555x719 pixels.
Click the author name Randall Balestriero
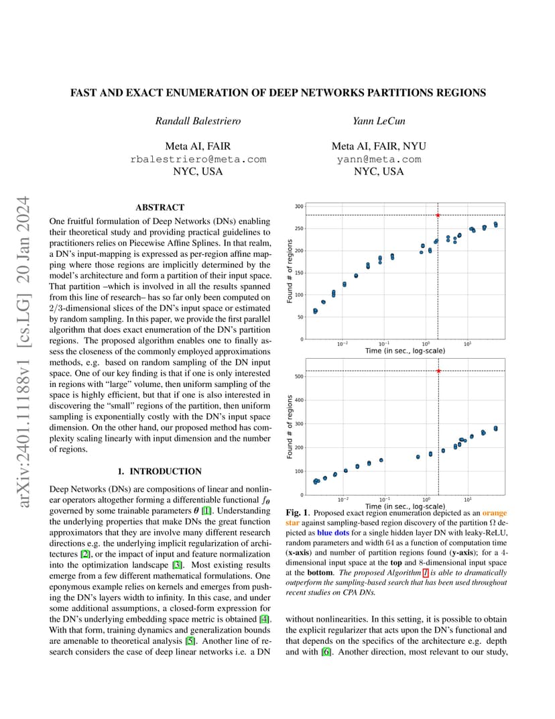tap(198, 121)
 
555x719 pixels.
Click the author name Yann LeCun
tap(379, 121)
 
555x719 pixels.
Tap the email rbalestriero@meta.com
tap(198, 159)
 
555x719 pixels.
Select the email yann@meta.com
tap(379, 159)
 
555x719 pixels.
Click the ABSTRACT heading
tap(160, 207)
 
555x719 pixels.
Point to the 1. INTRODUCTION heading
tap(160, 472)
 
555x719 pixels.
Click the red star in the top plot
tap(438, 215)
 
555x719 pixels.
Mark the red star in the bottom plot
tap(438, 370)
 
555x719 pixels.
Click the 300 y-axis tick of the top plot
tap(299, 207)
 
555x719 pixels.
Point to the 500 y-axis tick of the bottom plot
tap(299, 376)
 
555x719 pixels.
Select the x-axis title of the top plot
tap(405, 351)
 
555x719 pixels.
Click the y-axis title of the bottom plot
tap(290, 427)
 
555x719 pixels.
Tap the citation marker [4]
tap(265, 619)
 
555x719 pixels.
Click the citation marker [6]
tap(326, 652)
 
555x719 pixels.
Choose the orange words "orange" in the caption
tap(495, 513)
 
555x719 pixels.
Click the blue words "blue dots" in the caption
tap(333, 533)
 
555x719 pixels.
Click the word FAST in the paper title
tap(83, 93)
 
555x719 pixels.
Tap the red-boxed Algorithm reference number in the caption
tap(426, 573)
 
